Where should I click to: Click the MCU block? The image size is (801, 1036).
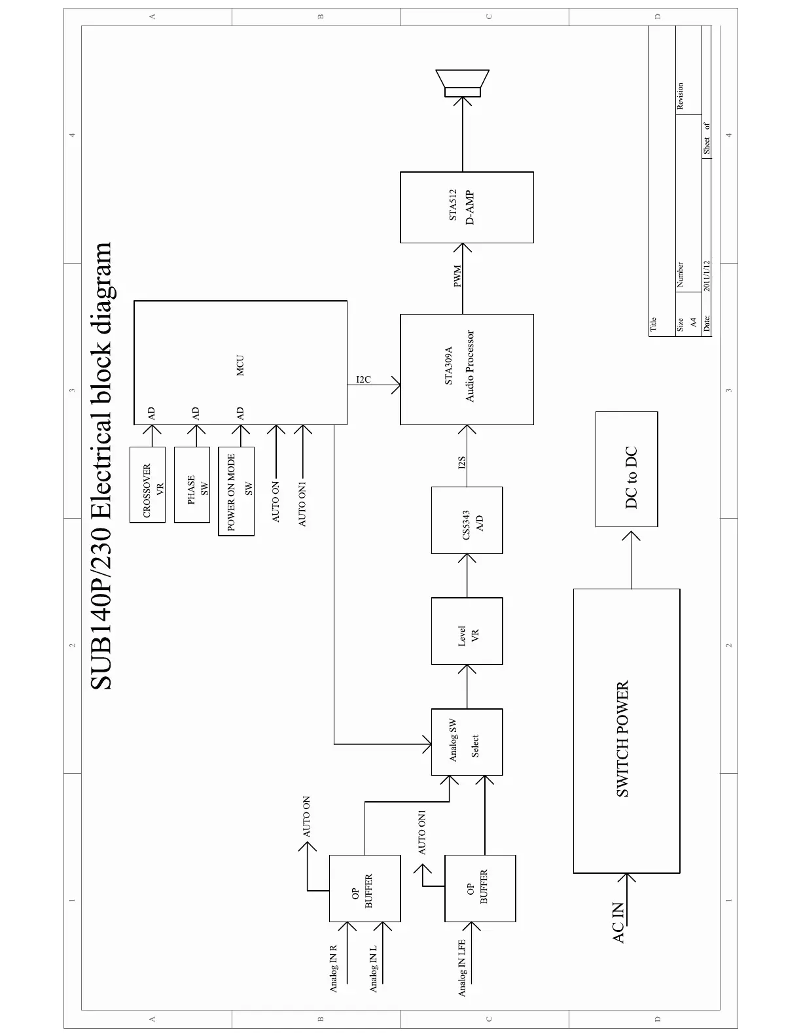[240, 363]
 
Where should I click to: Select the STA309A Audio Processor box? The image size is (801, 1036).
[467, 369]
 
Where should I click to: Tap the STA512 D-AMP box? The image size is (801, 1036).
[467, 207]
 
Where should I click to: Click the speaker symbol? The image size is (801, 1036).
[463, 84]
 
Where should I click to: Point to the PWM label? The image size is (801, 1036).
[457, 276]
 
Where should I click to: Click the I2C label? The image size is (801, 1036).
[363, 379]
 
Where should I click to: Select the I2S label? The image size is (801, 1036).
[461, 462]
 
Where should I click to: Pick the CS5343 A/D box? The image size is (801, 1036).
[467, 521]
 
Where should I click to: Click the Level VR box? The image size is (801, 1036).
[467, 631]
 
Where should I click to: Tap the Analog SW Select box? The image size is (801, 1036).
[467, 742]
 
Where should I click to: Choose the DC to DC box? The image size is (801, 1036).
[626, 469]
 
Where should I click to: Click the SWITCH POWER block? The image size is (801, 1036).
[626, 731]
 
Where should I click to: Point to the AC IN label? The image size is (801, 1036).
[618, 923]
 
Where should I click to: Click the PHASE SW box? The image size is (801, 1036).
[192, 485]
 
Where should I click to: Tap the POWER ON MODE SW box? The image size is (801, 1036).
[236, 492]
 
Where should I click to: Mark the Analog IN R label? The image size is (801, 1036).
[333, 968]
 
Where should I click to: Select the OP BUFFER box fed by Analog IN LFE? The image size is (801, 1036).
[480, 888]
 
